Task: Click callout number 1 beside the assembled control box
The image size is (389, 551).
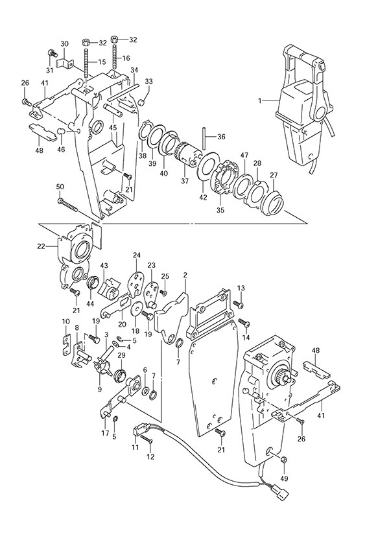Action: pyautogui.click(x=260, y=100)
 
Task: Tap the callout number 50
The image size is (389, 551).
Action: pyautogui.click(x=60, y=187)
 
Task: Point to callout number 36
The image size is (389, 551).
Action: pyautogui.click(x=221, y=137)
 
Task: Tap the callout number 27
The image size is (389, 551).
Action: pyautogui.click(x=274, y=174)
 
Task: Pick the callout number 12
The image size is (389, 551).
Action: pyautogui.click(x=151, y=457)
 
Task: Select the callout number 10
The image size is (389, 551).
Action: pyautogui.click(x=65, y=322)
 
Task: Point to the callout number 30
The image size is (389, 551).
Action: pyautogui.click(x=64, y=43)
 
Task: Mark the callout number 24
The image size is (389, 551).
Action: pyautogui.click(x=137, y=255)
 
